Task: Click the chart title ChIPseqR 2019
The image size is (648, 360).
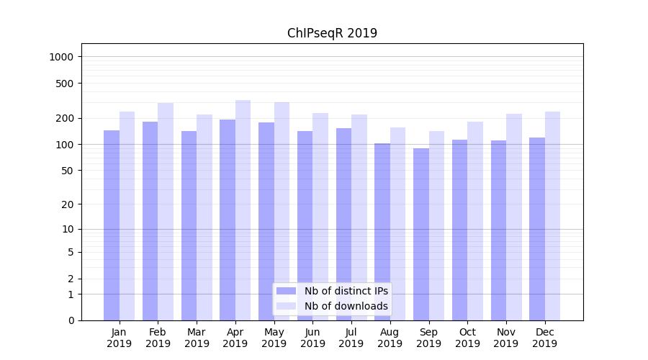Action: (332, 33)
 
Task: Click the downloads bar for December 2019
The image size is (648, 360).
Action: (552, 216)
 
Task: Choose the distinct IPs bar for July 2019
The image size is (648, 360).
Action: (343, 224)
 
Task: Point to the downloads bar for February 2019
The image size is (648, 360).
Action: (166, 212)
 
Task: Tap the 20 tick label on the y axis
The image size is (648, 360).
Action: (69, 204)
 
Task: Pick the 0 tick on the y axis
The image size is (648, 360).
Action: (71, 320)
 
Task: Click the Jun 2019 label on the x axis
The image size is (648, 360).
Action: (312, 338)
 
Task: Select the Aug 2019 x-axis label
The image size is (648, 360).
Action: (390, 338)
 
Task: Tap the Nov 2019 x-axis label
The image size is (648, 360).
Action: (506, 338)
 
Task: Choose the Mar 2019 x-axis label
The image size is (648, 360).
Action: (197, 338)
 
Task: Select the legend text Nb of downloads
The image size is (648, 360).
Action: (346, 306)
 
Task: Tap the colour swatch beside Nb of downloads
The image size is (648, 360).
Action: (286, 306)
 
